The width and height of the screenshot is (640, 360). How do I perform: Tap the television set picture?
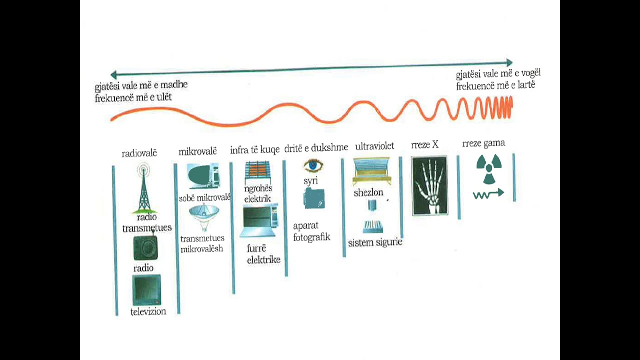pyautogui.click(x=147, y=290)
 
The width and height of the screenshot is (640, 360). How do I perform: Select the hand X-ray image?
pyautogui.click(x=429, y=185)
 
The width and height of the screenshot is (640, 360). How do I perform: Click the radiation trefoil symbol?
pyautogui.click(x=489, y=169)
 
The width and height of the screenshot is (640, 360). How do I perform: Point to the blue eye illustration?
pyautogui.click(x=313, y=165)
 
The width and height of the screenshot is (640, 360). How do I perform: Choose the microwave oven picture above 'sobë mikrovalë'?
pyautogui.click(x=203, y=176)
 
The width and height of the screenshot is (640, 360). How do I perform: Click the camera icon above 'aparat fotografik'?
pyautogui.click(x=314, y=199)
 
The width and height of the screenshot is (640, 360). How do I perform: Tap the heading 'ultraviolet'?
pyautogui.click(x=374, y=146)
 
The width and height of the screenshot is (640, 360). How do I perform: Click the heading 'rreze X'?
pyautogui.click(x=425, y=145)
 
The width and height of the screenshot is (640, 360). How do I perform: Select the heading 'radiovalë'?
pyautogui.click(x=139, y=153)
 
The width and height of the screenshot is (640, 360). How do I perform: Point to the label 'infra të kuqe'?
pyautogui.click(x=255, y=150)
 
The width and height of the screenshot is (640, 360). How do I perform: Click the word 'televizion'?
pyautogui.click(x=148, y=311)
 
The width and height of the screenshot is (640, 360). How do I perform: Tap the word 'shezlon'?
pyautogui.click(x=368, y=193)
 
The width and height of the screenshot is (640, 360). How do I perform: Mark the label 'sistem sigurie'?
pyautogui.click(x=375, y=243)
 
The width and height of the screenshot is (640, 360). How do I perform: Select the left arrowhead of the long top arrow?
pyautogui.click(x=113, y=75)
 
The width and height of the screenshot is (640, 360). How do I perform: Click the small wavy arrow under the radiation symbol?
pyautogui.click(x=488, y=194)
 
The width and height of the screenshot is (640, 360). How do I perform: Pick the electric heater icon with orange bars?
pyautogui.click(x=257, y=172)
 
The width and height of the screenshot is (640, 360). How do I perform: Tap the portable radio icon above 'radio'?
pyautogui.click(x=145, y=247)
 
